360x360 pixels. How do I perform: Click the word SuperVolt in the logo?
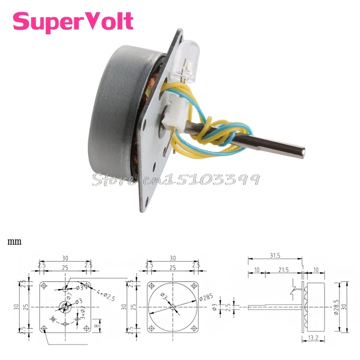click(x=73, y=21)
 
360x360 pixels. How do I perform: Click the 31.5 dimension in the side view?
click(x=274, y=255)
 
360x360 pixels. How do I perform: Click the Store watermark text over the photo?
click(x=175, y=179)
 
